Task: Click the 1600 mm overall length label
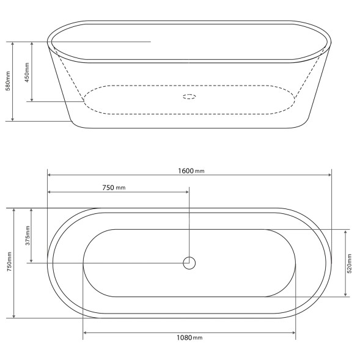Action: tap(191, 171)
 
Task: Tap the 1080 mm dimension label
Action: tap(189, 337)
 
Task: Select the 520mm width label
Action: tap(350, 263)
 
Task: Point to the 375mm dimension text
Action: tap(28, 235)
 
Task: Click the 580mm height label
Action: tap(8, 81)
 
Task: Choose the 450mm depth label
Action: tap(27, 72)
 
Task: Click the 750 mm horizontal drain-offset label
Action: tap(114, 188)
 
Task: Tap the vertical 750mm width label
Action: tap(9, 262)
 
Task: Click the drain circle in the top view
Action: tap(189, 257)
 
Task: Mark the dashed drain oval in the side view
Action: tap(189, 94)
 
